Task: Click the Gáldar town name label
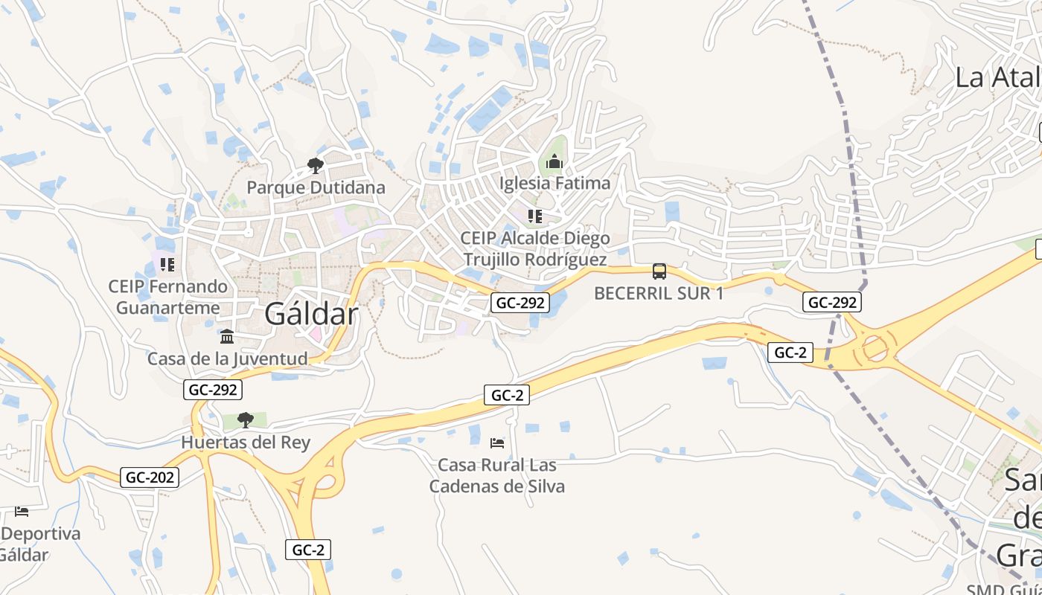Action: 311,315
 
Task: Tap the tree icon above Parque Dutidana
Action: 316,166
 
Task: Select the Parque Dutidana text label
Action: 316,187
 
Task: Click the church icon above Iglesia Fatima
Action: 554,161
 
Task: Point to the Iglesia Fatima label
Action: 554,183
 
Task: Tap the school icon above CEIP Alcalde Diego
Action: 534,216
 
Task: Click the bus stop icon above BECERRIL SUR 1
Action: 659,271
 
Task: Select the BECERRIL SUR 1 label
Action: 659,293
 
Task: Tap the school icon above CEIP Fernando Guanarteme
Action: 167,265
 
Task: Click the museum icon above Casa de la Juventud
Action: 227,337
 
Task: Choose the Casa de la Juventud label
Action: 227,359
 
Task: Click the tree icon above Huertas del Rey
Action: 245,420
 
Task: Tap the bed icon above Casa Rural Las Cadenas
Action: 497,443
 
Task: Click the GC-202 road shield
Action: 150,477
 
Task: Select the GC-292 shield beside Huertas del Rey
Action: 213,389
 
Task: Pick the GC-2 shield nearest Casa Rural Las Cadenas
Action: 507,395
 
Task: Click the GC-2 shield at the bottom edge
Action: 308,550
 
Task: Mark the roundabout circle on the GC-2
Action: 875,348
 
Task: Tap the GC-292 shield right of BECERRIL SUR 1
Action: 831,302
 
